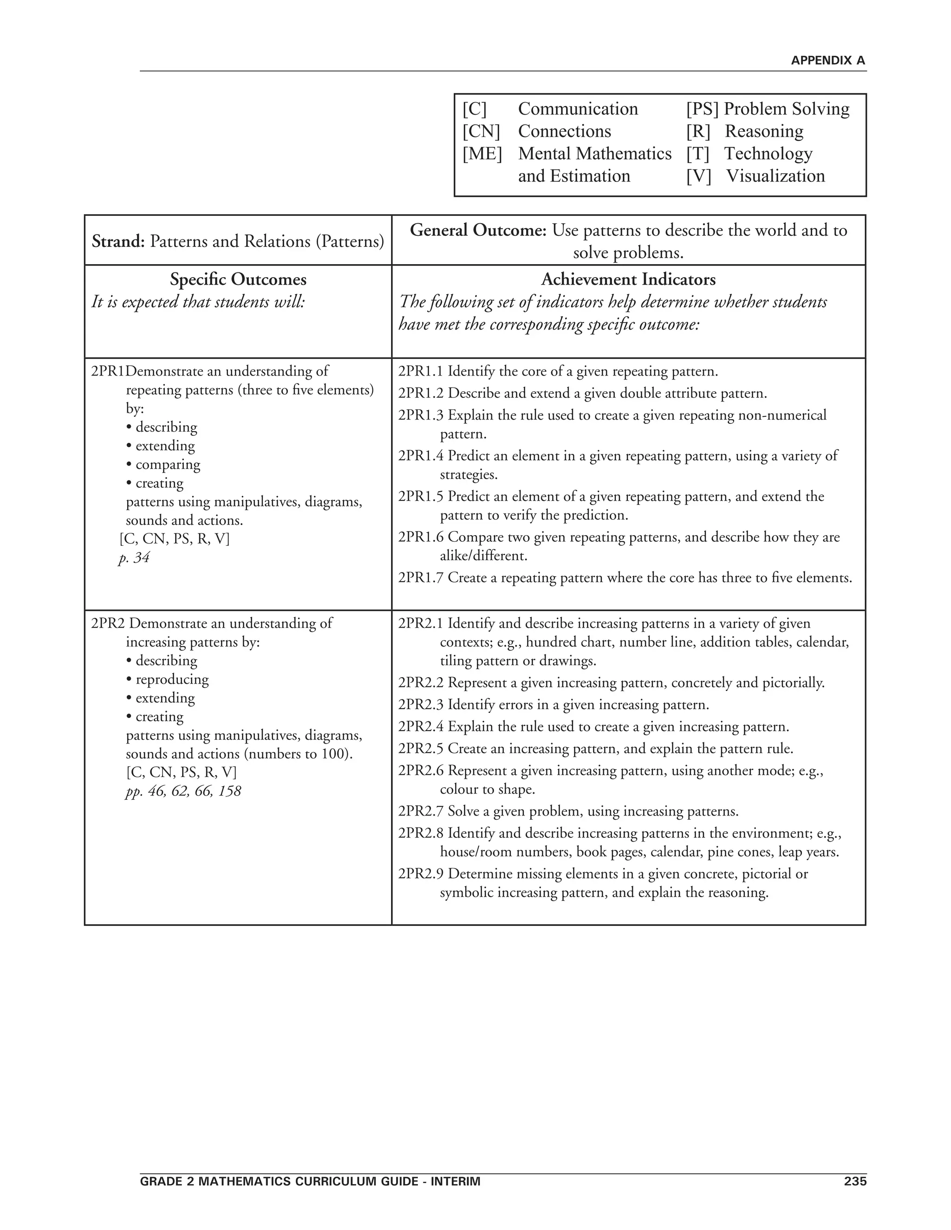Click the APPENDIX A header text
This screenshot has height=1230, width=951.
[x=827, y=61]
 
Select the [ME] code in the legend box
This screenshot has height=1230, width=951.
[x=482, y=154]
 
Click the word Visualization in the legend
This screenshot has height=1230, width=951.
[x=775, y=176]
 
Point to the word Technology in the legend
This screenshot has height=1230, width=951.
[x=768, y=154]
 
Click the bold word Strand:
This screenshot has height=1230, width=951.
[x=118, y=242]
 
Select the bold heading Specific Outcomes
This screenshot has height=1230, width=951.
[x=238, y=279]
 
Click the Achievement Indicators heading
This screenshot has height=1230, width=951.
[x=628, y=279]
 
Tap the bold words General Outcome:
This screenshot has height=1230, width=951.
[x=478, y=230]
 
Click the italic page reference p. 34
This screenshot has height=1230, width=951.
[x=134, y=558]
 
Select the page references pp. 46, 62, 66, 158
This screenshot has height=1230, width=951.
[x=183, y=791]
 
